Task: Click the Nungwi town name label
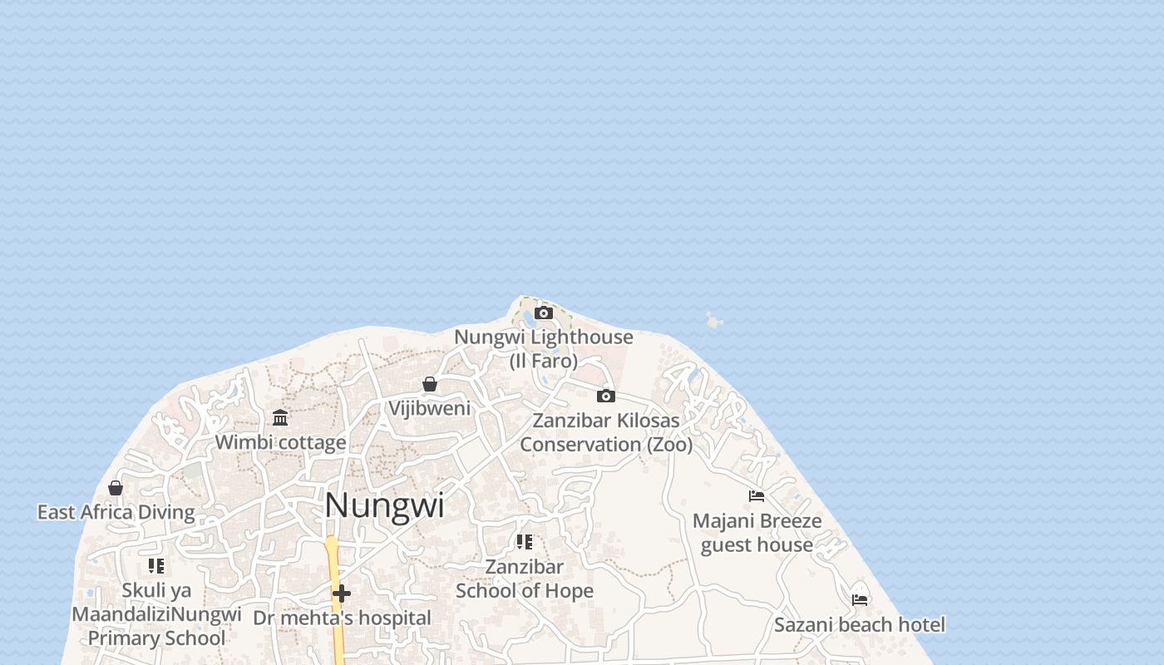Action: [x=384, y=505]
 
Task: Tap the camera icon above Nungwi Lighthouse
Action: [x=544, y=313]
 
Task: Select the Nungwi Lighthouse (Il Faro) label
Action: [x=544, y=348]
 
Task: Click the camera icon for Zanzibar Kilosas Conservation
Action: [x=606, y=396]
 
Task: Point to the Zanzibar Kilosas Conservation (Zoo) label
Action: [x=606, y=432]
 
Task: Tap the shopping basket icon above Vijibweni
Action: [x=430, y=384]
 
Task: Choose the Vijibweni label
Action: [x=430, y=408]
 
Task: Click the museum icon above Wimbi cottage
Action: [x=280, y=417]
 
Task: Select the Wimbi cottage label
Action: [x=280, y=442]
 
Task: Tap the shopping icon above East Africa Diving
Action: [x=116, y=488]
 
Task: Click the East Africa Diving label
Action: [x=116, y=512]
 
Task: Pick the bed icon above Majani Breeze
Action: [x=757, y=496]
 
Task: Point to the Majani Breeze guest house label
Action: [x=757, y=533]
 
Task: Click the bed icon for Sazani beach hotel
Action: [x=860, y=599]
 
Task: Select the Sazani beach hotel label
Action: [x=860, y=624]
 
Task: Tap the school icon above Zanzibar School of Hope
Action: [x=525, y=542]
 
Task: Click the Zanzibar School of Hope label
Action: [x=525, y=579]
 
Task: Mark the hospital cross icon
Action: [x=342, y=594]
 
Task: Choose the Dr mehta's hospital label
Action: [x=342, y=618]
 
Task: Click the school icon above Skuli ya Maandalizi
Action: [x=156, y=566]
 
